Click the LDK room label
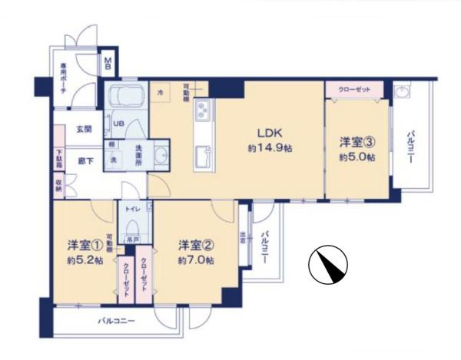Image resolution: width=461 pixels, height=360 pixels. [x=260, y=130]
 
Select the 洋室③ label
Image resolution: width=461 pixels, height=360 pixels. [x=357, y=142]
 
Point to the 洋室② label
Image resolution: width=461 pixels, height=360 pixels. [x=195, y=246]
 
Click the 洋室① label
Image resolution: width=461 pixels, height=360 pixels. [x=85, y=246]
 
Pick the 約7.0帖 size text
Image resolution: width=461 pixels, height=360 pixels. [x=196, y=260]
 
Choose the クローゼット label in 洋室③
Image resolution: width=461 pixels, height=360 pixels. [x=353, y=90]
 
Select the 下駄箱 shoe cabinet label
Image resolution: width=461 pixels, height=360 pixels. [x=58, y=158]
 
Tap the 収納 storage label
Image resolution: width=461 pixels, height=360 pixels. [x=58, y=183]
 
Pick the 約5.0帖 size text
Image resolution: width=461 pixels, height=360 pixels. [x=357, y=157]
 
